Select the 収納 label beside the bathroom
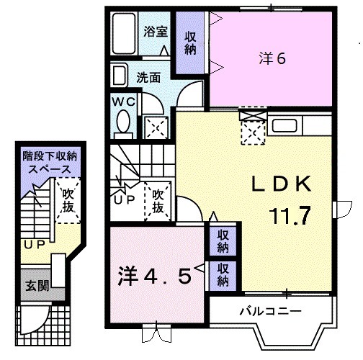tap(190, 42)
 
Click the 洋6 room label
tap(272, 58)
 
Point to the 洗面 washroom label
tap(149, 76)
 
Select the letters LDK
tap(282, 184)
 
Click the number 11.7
tap(291, 214)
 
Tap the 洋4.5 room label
tap(155, 276)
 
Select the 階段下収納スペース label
tap(49, 162)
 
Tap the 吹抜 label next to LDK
tap(159, 200)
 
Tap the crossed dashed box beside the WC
tap(155, 127)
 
